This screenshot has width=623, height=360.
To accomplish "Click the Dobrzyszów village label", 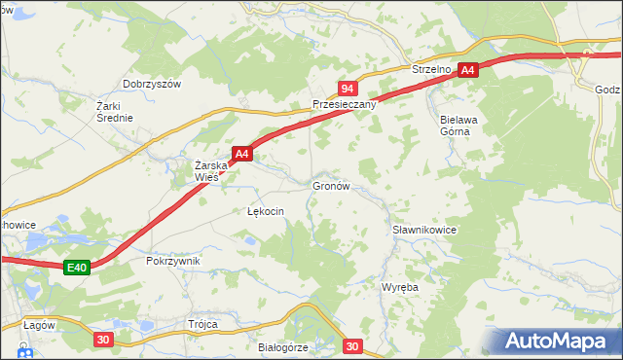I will click(x=153, y=85).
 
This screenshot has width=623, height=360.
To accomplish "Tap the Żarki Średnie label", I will click(x=114, y=111).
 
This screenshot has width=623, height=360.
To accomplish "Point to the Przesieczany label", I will click(x=344, y=104).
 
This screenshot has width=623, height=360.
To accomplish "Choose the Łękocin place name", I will click(x=265, y=211).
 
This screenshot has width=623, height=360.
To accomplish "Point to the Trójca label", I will click(x=202, y=324).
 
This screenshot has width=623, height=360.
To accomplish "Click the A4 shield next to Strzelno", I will click(x=468, y=70).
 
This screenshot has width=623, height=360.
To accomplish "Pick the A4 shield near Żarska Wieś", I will click(x=242, y=154).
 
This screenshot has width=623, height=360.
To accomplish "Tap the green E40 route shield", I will click(x=78, y=268).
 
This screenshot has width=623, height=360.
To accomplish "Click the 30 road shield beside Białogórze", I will click(x=352, y=345).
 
